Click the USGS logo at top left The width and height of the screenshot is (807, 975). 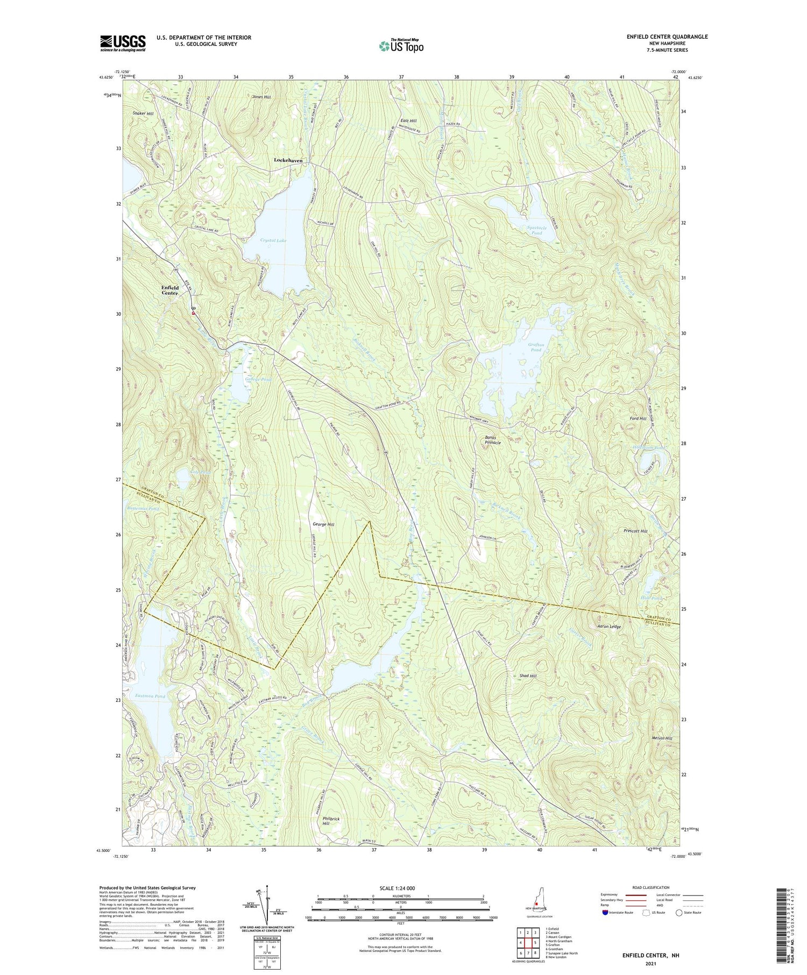123,43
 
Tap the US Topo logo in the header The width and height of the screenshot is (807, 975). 401,46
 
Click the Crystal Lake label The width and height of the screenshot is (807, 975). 273,240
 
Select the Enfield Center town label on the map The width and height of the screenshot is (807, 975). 169,290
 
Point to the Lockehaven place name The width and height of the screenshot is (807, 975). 288,160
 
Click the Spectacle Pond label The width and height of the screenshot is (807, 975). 536,231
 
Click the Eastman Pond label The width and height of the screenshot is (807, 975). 150,696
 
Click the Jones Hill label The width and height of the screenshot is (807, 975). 261,97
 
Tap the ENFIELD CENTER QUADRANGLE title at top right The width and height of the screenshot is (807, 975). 667,37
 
